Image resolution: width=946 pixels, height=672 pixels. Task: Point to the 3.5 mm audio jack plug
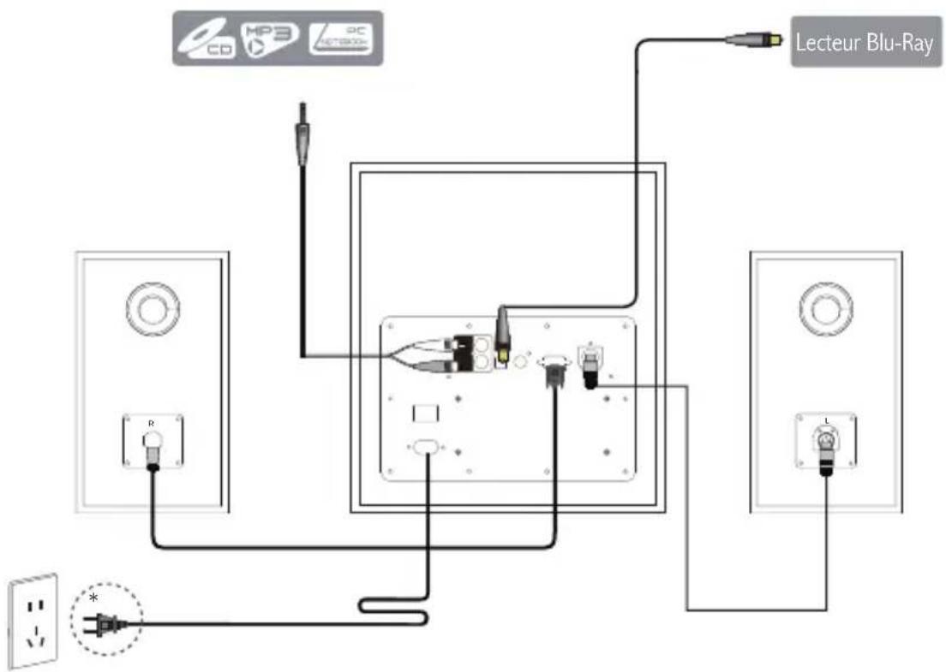[301, 136]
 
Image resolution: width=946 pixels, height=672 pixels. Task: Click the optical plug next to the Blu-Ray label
[752, 39]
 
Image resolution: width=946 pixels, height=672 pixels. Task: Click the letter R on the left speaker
[152, 423]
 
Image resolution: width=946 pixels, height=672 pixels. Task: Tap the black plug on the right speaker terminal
[826, 462]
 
